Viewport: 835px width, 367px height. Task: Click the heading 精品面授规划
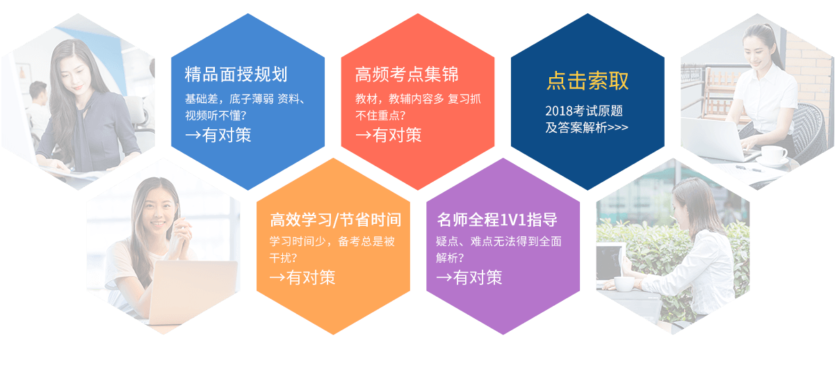coord(236,74)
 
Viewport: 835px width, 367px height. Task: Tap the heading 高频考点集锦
coord(407,74)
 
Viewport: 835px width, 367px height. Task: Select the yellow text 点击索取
coord(587,81)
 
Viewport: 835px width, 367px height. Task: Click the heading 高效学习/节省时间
coord(336,220)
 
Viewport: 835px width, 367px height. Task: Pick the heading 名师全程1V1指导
coord(497,220)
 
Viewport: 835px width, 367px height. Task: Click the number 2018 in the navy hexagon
coord(559,111)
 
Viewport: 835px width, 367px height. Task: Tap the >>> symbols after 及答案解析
coord(617,128)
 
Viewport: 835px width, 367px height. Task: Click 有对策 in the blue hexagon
coord(227,135)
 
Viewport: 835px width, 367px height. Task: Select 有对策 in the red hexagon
coord(397,135)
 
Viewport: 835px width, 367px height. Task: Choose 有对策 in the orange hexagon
coord(311,277)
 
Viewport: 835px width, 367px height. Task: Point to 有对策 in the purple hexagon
coord(478,277)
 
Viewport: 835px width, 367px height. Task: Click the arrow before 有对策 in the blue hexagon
coord(193,135)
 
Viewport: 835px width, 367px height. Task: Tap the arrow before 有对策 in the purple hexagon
coord(444,277)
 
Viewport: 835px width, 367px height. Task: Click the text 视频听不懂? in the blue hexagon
coord(216,115)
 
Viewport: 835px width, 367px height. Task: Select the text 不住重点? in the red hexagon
coord(380,115)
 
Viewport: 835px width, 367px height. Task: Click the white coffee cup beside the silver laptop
coord(774,153)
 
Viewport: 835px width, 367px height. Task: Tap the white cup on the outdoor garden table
coord(624,284)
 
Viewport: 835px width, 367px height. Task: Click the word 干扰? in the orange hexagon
coord(283,258)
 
